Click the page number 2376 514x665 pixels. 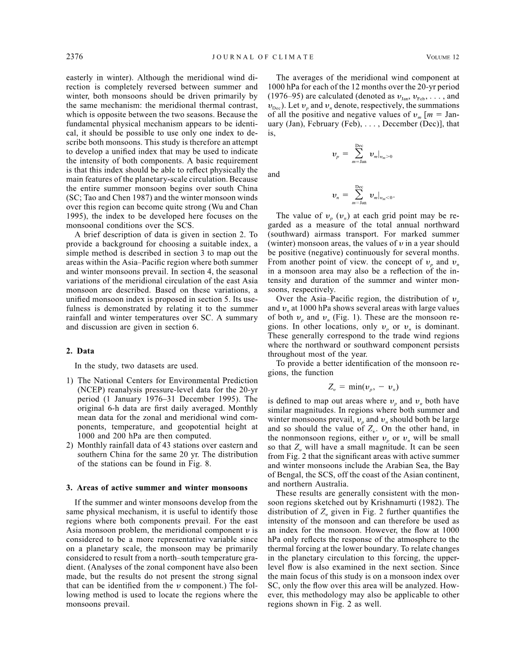click(75, 57)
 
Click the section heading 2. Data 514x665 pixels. click(80, 351)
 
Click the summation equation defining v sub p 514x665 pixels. click(362, 154)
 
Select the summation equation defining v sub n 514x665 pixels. click(363, 195)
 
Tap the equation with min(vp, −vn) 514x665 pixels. click(363, 386)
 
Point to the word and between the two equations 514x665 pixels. click(274, 175)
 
